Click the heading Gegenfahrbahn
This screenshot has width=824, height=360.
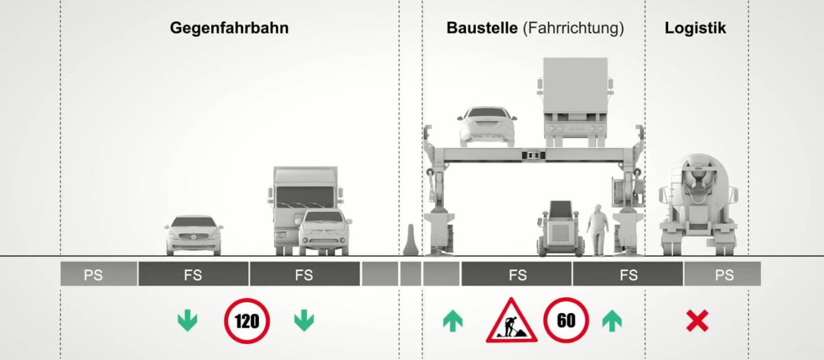pyautogui.click(x=229, y=28)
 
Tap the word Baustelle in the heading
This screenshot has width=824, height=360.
pyautogui.click(x=482, y=28)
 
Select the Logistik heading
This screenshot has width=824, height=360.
pyautogui.click(x=695, y=28)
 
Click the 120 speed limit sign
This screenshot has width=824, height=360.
pyautogui.click(x=247, y=321)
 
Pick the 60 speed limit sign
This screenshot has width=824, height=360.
pyautogui.click(x=566, y=320)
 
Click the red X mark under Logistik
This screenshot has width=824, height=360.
pyautogui.click(x=697, y=321)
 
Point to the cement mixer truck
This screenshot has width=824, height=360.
pyautogui.click(x=698, y=205)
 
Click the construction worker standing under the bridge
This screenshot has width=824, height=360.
pyautogui.click(x=597, y=231)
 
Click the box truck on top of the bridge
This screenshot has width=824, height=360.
pyautogui.click(x=576, y=102)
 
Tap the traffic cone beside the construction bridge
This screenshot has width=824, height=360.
pyautogui.click(x=411, y=240)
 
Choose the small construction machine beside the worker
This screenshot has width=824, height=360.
pyautogui.click(x=560, y=229)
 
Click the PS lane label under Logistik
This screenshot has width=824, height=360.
pyautogui.click(x=724, y=275)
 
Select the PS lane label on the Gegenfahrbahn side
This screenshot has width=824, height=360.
pyautogui.click(x=93, y=275)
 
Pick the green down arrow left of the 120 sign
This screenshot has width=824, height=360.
pyautogui.click(x=187, y=321)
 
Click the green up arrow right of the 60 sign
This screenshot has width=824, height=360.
pyautogui.click(x=612, y=321)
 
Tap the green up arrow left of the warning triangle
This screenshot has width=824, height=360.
pyautogui.click(x=453, y=321)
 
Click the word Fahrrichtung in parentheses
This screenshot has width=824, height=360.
pyautogui.click(x=574, y=28)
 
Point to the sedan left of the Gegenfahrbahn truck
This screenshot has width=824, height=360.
pyautogui.click(x=194, y=235)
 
